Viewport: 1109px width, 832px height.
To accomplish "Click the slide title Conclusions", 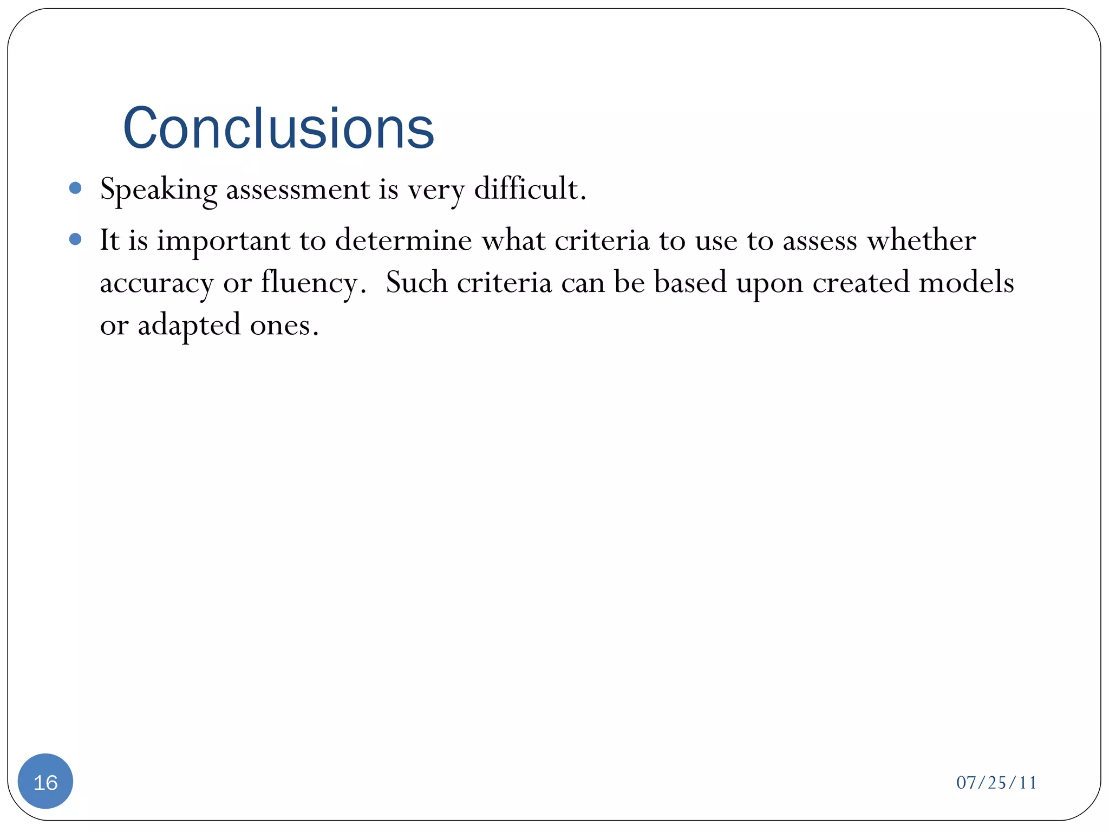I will point(278,128).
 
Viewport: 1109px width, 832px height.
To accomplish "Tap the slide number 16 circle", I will point(45,782).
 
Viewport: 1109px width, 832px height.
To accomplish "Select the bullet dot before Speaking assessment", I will point(76,188).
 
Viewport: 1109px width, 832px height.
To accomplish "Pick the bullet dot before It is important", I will point(76,239).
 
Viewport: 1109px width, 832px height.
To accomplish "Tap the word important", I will point(223,241).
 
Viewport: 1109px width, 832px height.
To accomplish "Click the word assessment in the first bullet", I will point(298,190).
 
